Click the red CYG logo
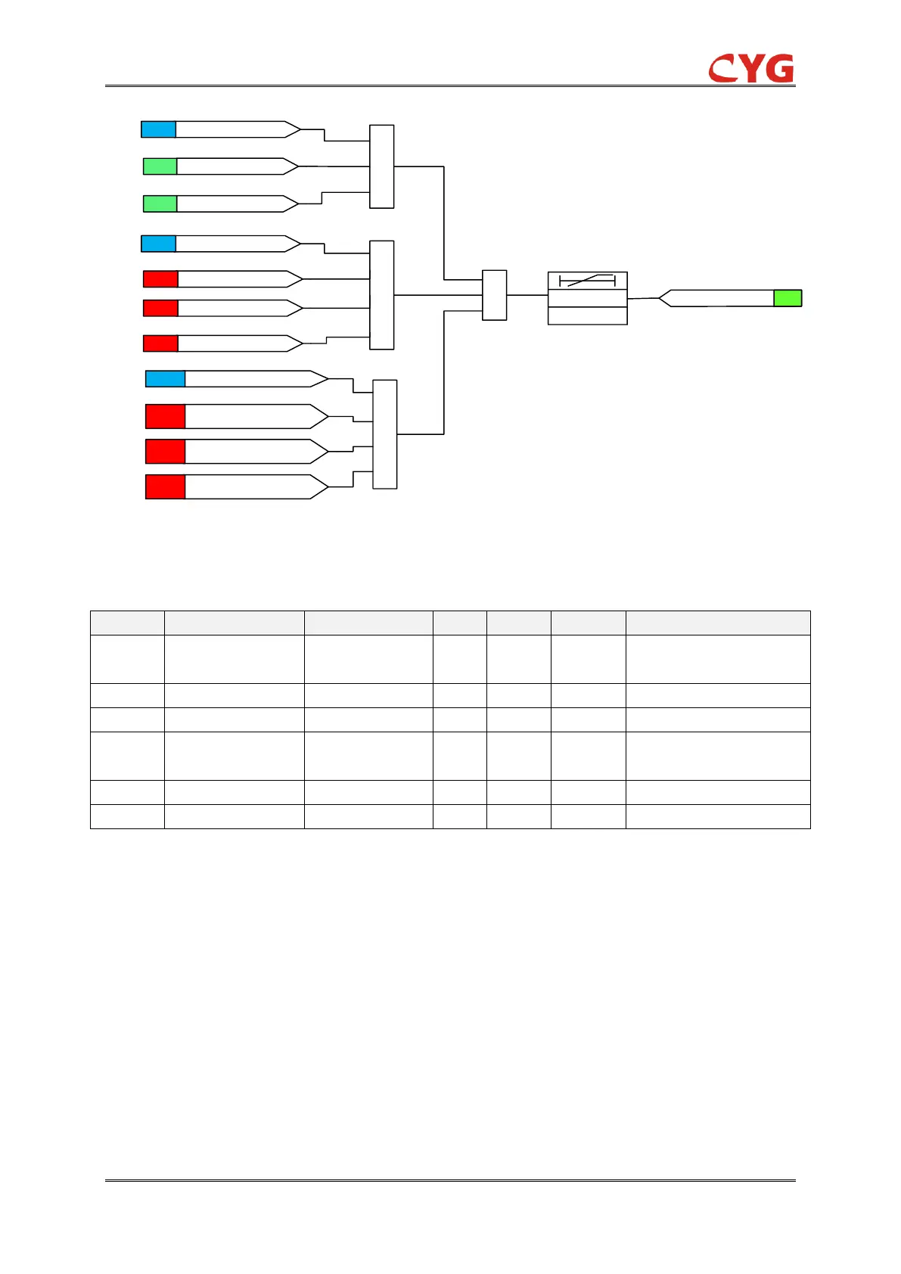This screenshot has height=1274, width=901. click(750, 69)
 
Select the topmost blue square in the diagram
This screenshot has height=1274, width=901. click(158, 129)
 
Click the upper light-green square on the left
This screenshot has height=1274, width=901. click(160, 166)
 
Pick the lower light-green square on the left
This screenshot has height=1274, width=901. click(160, 204)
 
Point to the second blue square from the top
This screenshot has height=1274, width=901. click(158, 244)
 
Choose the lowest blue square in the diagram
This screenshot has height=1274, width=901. click(165, 378)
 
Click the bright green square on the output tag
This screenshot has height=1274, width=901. click(788, 298)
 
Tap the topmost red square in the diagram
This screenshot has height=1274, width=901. click(160, 279)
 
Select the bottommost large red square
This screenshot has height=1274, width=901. click(165, 486)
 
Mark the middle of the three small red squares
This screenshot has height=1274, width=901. click(160, 308)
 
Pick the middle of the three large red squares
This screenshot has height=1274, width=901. click(165, 452)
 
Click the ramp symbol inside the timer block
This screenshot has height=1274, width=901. click(587, 281)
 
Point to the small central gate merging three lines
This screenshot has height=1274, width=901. click(494, 295)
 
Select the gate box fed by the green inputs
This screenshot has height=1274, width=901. click(381, 166)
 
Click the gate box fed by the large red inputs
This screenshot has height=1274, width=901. click(385, 434)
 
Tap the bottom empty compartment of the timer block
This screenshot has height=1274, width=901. click(587, 316)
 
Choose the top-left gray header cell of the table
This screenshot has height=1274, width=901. click(127, 623)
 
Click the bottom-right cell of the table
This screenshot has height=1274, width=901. click(717, 816)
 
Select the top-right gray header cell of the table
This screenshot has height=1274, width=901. click(717, 623)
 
